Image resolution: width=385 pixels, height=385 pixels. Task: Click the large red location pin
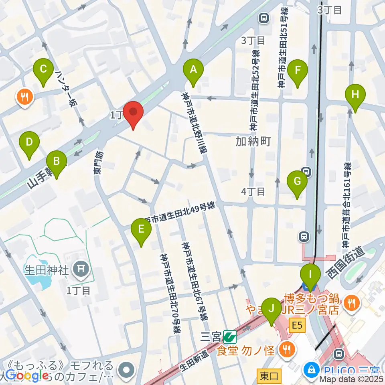pos(132,114)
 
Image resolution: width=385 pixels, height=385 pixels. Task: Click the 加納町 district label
pos(253,142)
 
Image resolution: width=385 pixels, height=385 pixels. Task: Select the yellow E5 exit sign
pos(297,326)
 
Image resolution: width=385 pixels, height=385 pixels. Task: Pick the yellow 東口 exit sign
pos(269,376)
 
